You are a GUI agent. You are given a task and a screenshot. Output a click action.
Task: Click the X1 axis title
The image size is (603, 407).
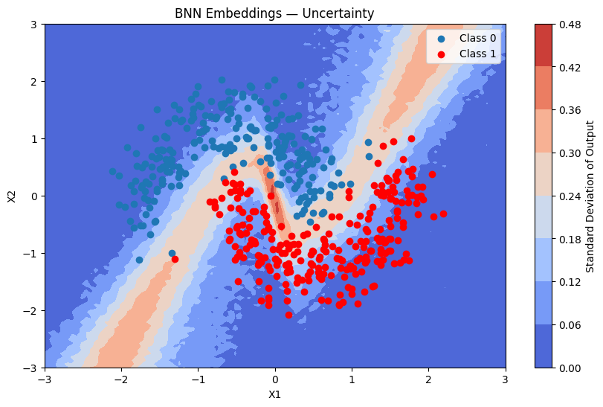[x=275, y=395]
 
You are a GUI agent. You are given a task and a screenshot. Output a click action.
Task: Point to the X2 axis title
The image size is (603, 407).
[x=11, y=196]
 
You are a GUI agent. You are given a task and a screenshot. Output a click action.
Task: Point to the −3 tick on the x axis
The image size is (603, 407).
[x=45, y=379]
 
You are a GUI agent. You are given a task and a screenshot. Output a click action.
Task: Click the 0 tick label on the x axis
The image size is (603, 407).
[x=275, y=379]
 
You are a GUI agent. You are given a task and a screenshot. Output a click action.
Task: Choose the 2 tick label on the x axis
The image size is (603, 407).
[x=429, y=379]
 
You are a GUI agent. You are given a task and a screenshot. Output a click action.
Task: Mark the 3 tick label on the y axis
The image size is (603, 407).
[x=33, y=25]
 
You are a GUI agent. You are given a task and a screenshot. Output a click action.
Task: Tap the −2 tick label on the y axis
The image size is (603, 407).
[x=30, y=311]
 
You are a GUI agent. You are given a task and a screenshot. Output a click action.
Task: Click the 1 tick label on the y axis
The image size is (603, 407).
[x=33, y=139]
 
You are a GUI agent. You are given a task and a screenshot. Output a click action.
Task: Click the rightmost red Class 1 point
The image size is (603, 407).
[x=443, y=214]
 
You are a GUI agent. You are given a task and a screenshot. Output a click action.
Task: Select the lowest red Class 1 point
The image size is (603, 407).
[x=288, y=315]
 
